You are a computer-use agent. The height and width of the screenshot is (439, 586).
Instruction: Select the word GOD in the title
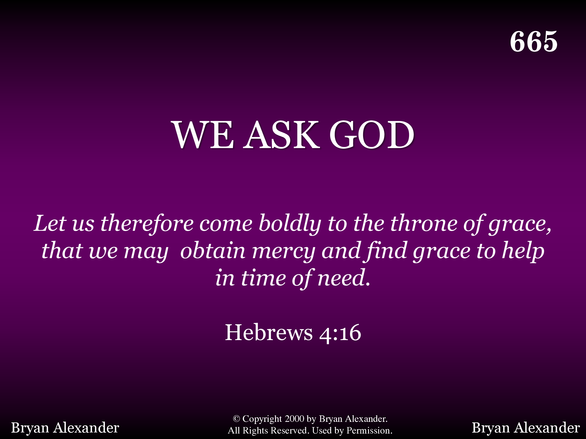coord(372,135)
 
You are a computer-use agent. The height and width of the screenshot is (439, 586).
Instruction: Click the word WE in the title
coord(204,135)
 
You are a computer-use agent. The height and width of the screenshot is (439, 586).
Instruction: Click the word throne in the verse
coord(424,224)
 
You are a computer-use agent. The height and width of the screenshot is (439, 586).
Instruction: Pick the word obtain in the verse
coord(213,251)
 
